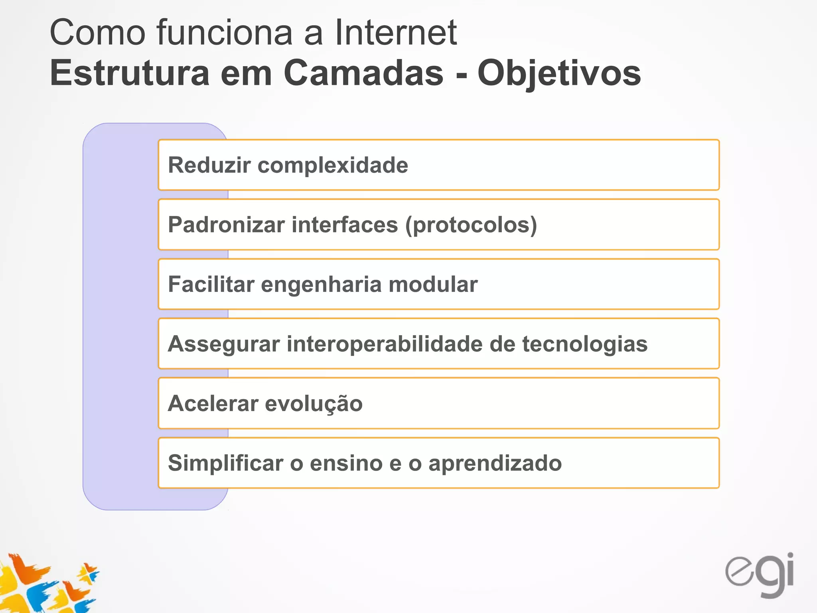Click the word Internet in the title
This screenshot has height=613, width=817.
pos(395,33)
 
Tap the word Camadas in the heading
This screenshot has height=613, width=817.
pos(363,73)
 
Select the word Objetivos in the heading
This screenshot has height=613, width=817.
pos(559,74)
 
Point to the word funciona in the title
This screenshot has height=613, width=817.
pos(225,33)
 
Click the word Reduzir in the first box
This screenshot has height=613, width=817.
pos(209,165)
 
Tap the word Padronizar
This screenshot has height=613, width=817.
pos(226,225)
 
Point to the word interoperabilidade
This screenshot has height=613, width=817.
pos(385,344)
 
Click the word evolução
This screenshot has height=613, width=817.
pos(314,403)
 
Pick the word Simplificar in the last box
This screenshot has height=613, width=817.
pos(225,463)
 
